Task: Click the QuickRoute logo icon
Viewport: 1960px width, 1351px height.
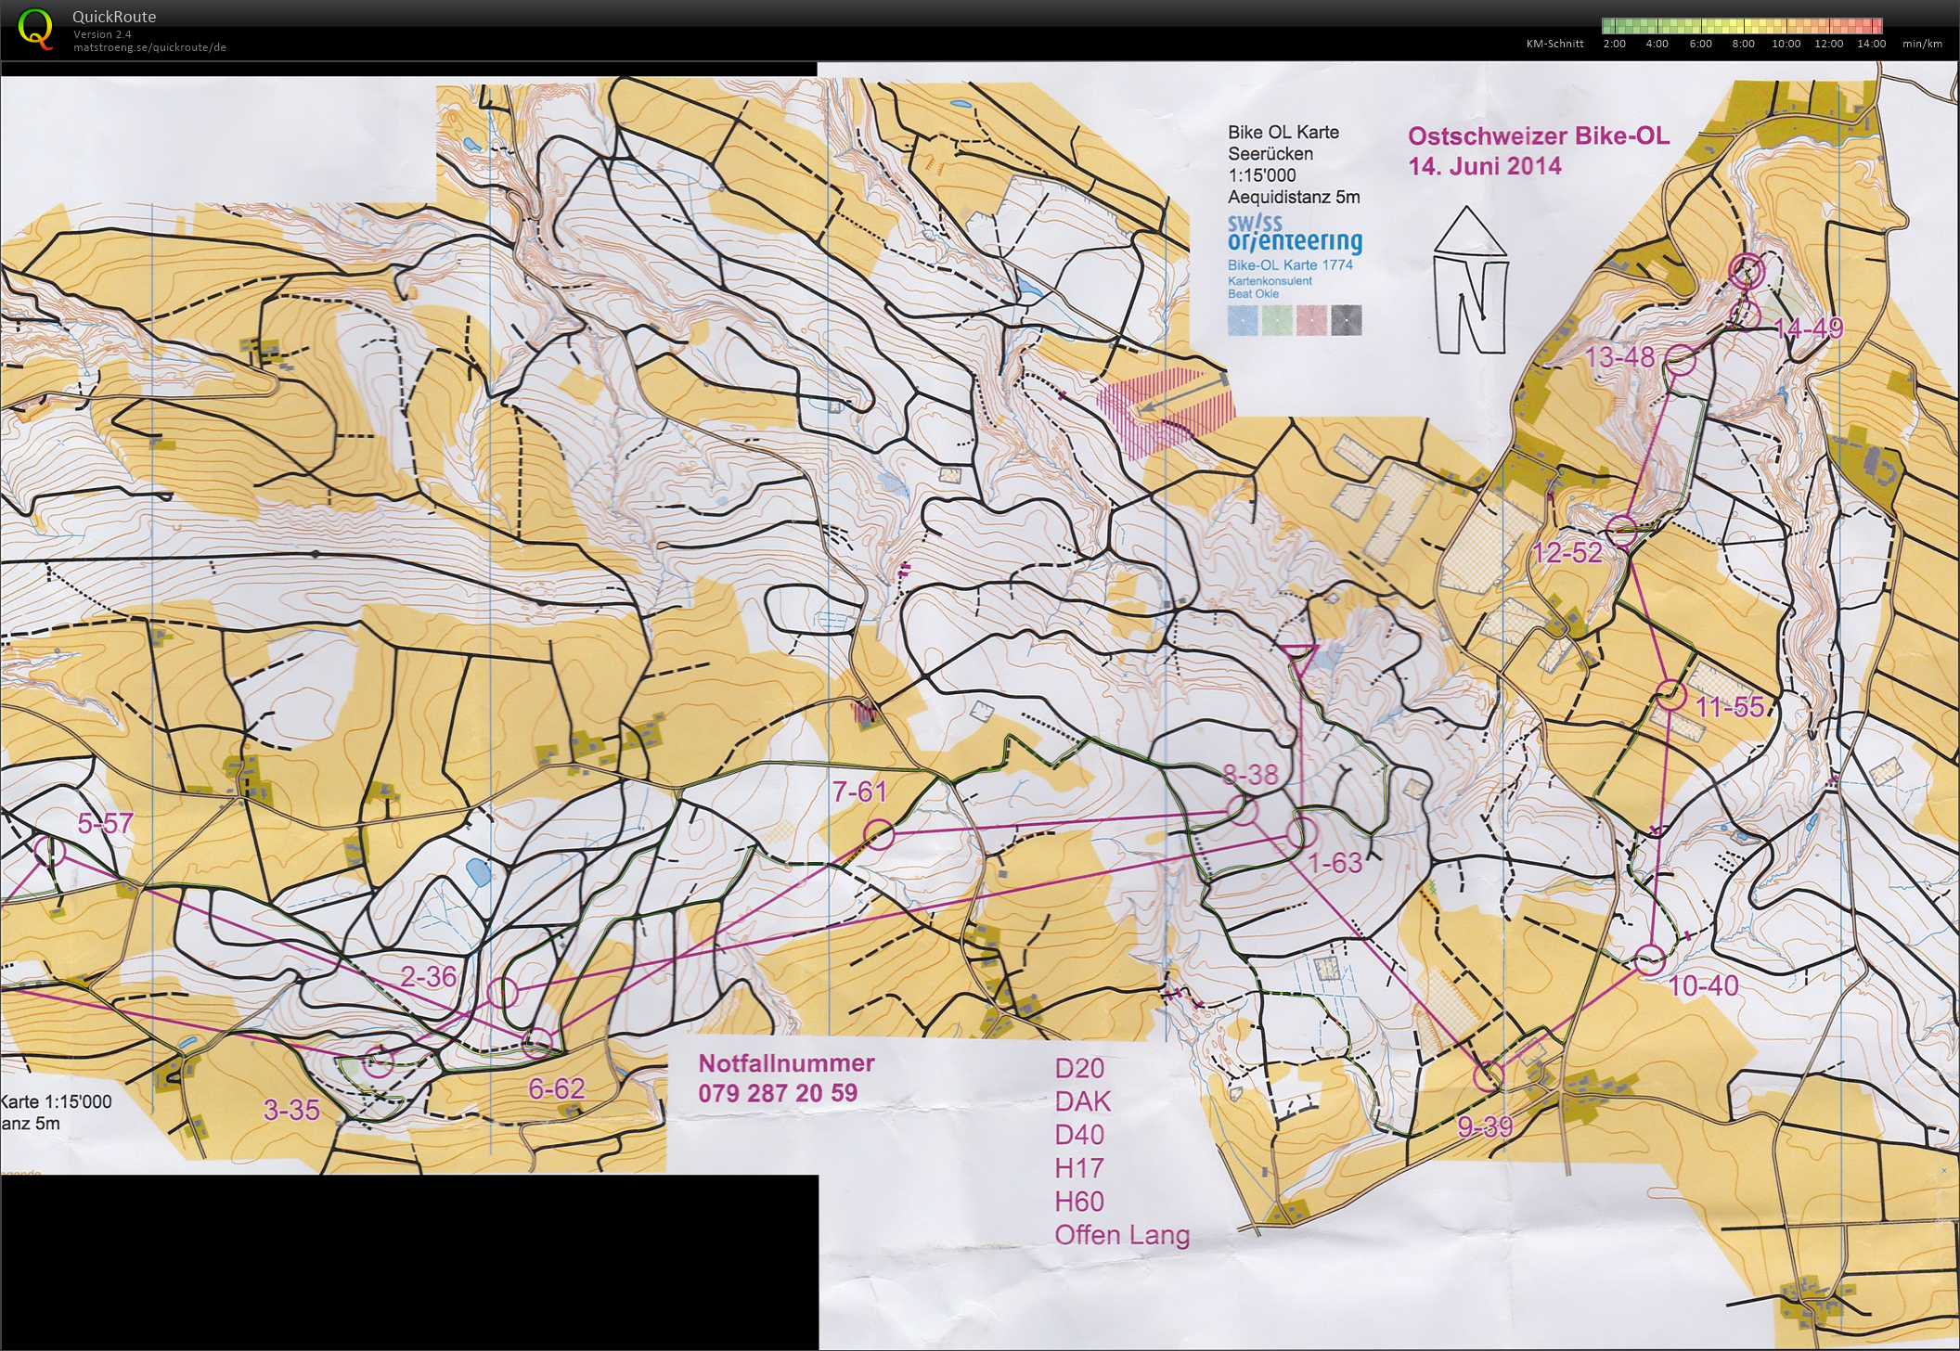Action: [35, 29]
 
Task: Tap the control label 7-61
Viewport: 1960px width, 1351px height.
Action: [859, 791]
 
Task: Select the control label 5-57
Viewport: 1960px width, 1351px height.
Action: [105, 823]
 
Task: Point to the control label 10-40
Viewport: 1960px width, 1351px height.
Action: [1703, 985]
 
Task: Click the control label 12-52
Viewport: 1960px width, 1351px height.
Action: [1567, 553]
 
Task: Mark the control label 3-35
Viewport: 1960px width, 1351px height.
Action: [291, 1110]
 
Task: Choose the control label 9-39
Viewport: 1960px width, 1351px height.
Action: [1485, 1126]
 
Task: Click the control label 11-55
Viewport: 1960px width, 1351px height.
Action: [1729, 707]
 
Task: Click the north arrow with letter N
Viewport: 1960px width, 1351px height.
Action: [1471, 282]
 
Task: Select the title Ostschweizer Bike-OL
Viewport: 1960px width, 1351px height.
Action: [1538, 136]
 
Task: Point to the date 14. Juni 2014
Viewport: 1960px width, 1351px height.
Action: [1485, 167]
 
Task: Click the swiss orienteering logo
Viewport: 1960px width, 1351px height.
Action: [1294, 234]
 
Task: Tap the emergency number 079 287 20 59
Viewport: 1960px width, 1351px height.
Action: [778, 1093]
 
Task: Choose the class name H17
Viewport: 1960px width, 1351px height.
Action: [1078, 1168]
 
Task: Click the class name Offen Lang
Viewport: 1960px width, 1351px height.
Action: [1121, 1235]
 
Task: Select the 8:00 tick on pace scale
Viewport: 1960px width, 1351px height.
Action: [1743, 44]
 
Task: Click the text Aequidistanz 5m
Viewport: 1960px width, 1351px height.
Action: [1293, 197]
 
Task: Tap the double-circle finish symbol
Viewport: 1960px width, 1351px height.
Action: [1747, 270]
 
